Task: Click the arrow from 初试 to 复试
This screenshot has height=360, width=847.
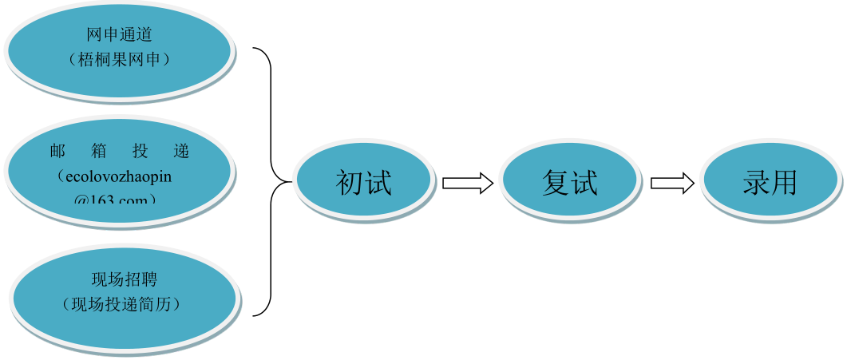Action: [x=468, y=184]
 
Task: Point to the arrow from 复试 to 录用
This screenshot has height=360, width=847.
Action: [x=672, y=184]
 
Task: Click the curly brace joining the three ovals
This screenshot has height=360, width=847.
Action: [x=271, y=182]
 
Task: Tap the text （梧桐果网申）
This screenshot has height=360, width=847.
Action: [x=119, y=59]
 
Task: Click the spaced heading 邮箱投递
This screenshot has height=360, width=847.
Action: [x=119, y=152]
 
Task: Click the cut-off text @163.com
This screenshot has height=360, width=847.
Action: [x=116, y=198]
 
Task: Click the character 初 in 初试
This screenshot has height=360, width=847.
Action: [x=350, y=184]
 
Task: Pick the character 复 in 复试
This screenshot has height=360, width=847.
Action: [x=556, y=184]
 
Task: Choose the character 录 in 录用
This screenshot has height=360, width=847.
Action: [x=756, y=184]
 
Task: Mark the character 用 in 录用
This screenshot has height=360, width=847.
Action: [x=784, y=184]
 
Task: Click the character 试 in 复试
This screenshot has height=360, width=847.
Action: [x=584, y=184]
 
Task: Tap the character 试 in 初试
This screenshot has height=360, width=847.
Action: [x=378, y=184]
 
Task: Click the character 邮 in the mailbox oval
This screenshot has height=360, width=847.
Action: [x=57, y=152]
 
